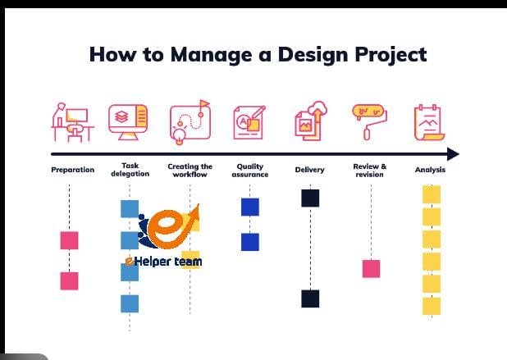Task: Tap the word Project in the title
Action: click(386, 55)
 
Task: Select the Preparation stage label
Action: click(73, 171)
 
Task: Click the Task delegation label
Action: click(130, 170)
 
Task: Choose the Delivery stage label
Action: click(309, 171)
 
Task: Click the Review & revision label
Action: click(370, 170)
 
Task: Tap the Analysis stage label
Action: click(430, 171)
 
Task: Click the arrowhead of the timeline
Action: click(452, 154)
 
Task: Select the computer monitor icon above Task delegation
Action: click(130, 121)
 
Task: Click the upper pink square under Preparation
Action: click(69, 240)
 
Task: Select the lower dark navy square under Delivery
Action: click(310, 298)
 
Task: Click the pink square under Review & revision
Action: click(371, 268)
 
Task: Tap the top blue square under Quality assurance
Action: click(250, 207)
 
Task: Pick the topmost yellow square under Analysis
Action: click(431, 194)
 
